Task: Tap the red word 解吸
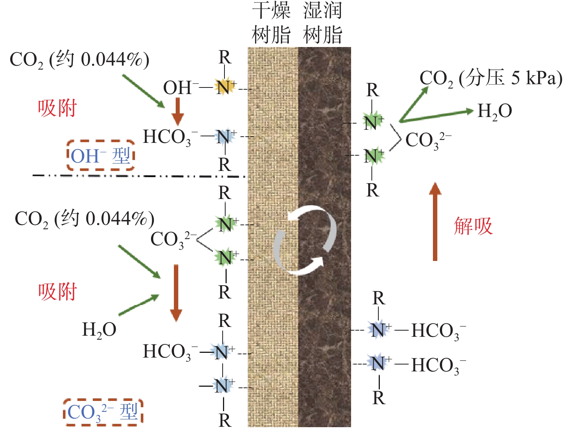[x=473, y=226]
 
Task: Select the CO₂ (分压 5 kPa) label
[x=491, y=78]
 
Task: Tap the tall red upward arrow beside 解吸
[x=435, y=222]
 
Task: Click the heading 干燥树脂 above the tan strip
[x=271, y=23]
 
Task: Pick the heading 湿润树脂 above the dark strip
[x=322, y=23]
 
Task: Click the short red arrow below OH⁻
[x=178, y=112]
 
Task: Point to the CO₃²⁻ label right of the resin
[x=428, y=141]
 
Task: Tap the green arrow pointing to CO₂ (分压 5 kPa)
[x=414, y=105]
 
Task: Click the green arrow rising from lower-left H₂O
[x=139, y=305]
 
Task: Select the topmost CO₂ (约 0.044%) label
[x=79, y=60]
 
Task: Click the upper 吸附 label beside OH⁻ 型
[x=57, y=108]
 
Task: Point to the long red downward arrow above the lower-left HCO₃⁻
[x=176, y=293]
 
